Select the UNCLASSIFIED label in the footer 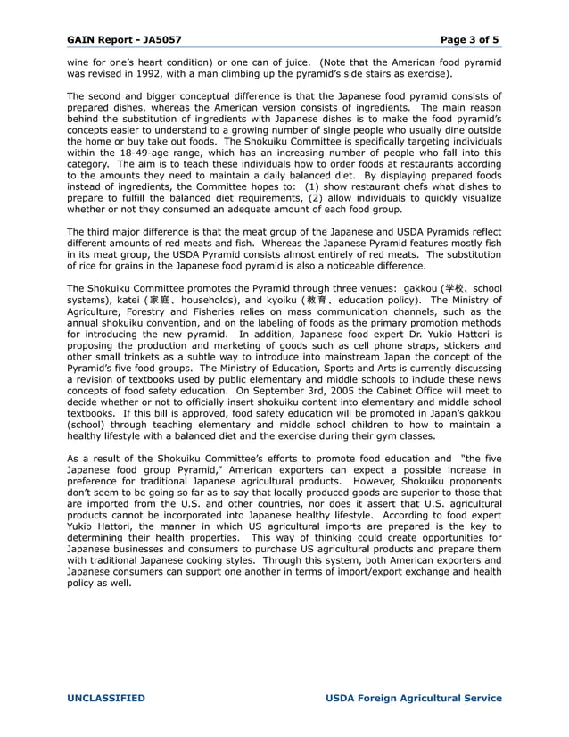coord(105,698)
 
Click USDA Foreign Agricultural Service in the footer coord(414,698)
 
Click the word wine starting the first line coord(78,62)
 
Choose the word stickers coord(461,347)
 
